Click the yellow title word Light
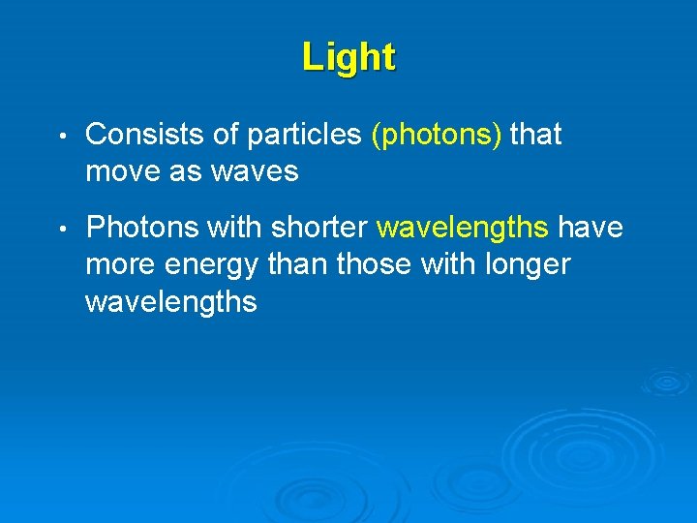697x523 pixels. pos(348,57)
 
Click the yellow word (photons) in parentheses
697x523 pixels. pos(437,136)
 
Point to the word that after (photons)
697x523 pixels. pos(535,136)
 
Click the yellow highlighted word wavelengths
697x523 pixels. pos(463,228)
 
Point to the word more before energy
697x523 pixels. pos(123,264)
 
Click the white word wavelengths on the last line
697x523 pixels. pos(171,302)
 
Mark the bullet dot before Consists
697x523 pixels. pos(61,137)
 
